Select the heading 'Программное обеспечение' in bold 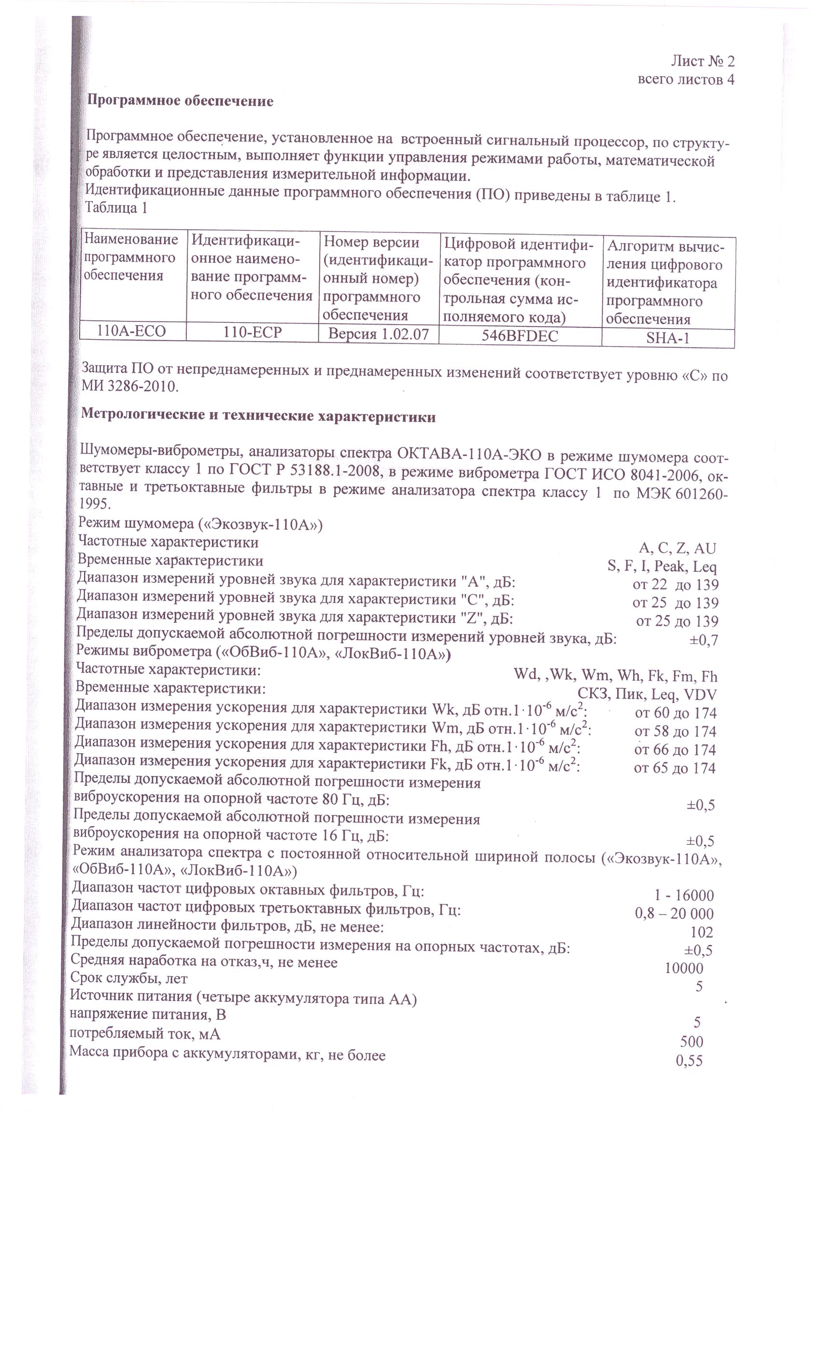click(181, 101)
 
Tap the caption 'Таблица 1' click(116, 208)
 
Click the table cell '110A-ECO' click(131, 331)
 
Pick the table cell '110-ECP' click(253, 332)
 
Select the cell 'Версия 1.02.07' click(378, 334)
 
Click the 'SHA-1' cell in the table click(667, 338)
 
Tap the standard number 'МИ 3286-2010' click(130, 386)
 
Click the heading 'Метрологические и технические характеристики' click(258, 417)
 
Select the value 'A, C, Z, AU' click(677, 548)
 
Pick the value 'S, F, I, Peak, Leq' click(662, 566)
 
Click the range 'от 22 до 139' click(675, 584)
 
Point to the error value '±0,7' click(704, 640)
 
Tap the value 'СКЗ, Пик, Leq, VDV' click(647, 695)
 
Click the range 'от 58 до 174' click(675, 731)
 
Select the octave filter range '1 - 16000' click(684, 896)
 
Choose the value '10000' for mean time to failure click(683, 969)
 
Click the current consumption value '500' click(692, 1042)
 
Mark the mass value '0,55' click(689, 1061)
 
